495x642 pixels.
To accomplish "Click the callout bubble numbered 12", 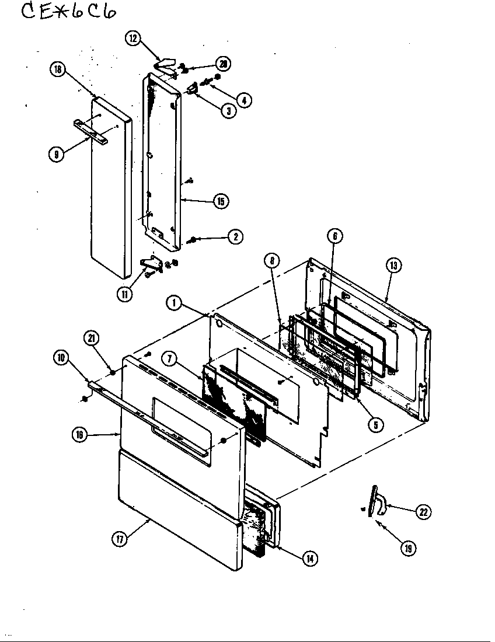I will click(133, 39).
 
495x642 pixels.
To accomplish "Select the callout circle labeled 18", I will click(57, 69).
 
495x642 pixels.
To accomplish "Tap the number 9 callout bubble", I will click(57, 155).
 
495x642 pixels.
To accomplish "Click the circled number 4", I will click(244, 100).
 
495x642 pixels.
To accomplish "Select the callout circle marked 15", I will click(220, 201).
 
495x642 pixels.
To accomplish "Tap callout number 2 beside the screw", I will click(235, 236).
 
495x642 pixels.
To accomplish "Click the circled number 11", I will click(124, 294).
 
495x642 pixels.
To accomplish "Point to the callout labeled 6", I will click(335, 236).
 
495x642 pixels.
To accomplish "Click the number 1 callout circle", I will click(173, 302).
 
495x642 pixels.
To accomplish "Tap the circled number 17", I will click(120, 540).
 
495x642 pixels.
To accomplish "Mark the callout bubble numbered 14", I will click(309, 559).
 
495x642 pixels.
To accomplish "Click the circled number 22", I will click(423, 512).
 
